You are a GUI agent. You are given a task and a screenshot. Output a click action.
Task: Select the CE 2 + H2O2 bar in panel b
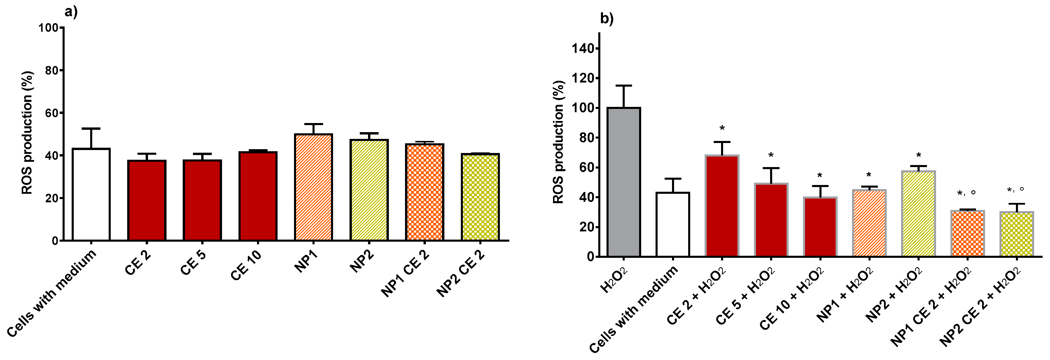[722, 206]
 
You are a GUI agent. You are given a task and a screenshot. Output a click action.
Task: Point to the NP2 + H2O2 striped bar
[918, 214]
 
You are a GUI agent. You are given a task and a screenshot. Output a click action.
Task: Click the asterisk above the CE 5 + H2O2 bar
[771, 156]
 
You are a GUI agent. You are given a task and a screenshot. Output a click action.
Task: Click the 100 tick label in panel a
[48, 28]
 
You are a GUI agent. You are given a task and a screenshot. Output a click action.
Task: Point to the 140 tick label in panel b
[583, 48]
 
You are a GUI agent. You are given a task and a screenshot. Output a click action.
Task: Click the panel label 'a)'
[71, 12]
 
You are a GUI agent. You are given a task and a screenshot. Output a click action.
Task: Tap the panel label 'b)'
[607, 19]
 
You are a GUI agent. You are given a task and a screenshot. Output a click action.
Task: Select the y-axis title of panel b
[558, 142]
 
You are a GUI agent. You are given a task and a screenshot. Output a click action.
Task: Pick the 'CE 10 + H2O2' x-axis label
[791, 298]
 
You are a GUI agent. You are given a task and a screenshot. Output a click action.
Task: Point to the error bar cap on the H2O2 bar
[624, 86]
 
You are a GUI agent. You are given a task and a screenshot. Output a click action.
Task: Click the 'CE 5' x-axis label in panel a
[193, 263]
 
